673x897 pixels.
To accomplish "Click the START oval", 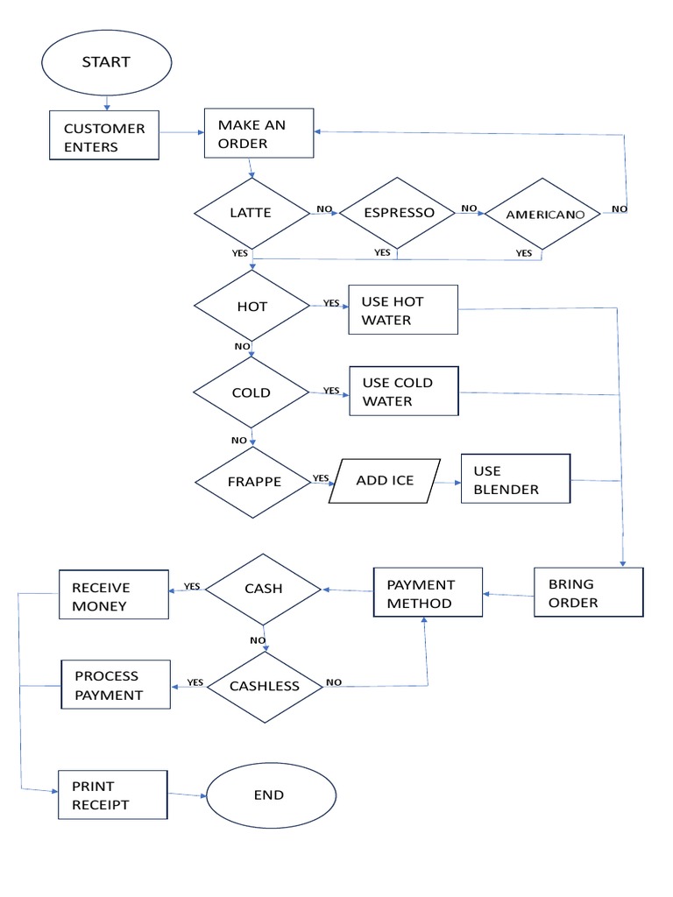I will (106, 62).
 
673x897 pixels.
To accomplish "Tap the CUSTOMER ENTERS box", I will (104, 136).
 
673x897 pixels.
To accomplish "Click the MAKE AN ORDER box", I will (259, 133).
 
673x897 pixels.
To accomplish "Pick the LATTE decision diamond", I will (251, 213).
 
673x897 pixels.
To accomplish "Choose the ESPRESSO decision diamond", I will (397, 213).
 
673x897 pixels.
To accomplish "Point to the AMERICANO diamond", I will (542, 215).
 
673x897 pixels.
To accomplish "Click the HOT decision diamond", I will (251, 306).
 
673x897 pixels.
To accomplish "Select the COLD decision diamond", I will (251, 392).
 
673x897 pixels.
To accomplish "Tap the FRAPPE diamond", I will (252, 482).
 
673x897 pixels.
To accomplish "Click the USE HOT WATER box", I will (403, 310).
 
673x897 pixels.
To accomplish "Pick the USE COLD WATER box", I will (403, 391).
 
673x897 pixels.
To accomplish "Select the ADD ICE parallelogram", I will (385, 481).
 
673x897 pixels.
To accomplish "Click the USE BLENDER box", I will (515, 479).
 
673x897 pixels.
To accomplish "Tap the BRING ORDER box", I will (588, 593).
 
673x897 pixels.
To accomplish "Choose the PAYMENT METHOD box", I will (427, 593).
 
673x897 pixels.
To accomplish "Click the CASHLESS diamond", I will (265, 686).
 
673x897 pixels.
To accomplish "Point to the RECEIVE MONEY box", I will (113, 596).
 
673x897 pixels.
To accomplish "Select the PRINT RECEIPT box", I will (112, 795).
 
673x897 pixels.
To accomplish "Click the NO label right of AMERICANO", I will (619, 208).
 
